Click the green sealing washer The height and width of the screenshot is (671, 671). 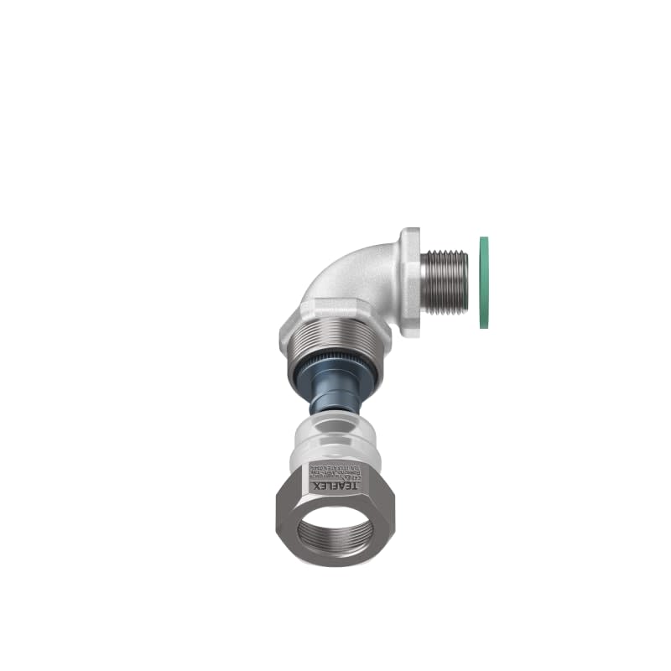click(x=484, y=283)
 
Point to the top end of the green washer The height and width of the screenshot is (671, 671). click(x=484, y=238)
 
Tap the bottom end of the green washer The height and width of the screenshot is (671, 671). click(x=484, y=328)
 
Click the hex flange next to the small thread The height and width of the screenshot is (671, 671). click(x=410, y=283)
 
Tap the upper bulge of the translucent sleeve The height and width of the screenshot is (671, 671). click(x=335, y=436)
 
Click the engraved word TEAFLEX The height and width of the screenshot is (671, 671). click(x=336, y=486)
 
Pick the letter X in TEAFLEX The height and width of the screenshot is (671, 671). click(x=315, y=486)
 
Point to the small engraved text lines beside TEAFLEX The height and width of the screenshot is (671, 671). click(x=336, y=471)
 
